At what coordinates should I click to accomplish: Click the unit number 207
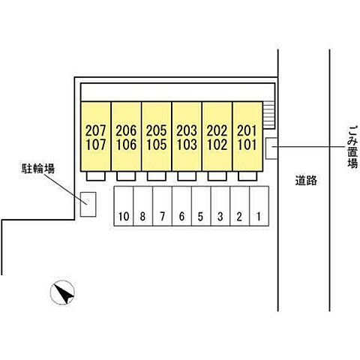96,130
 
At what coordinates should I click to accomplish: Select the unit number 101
247,145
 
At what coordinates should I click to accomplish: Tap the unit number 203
187,130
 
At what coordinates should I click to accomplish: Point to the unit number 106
126,145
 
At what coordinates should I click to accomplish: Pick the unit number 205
157,130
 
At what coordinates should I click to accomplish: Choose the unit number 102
217,145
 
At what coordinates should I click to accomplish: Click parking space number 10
124,217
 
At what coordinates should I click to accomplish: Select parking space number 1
259,217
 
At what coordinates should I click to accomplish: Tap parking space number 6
181,217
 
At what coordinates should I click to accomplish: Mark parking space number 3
220,217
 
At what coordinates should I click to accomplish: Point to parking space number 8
142,217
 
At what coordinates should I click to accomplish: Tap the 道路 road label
306,180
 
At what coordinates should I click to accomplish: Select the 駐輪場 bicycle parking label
37,169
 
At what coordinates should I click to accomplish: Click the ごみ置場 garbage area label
353,147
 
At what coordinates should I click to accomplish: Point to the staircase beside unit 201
269,115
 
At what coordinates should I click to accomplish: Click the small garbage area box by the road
271,148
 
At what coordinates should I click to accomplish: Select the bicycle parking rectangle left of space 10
88,204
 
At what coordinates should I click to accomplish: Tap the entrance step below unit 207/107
96,176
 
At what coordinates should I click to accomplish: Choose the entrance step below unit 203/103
187,176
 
